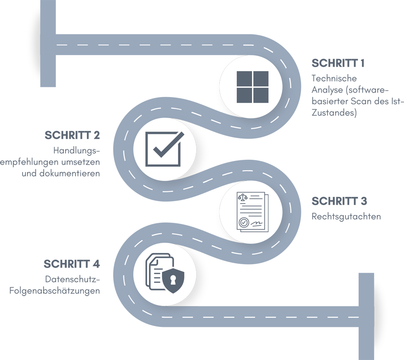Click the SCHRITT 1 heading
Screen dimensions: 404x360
(x=338, y=63)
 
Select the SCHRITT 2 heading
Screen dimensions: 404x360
(x=72, y=135)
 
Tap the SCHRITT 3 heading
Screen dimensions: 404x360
(x=339, y=201)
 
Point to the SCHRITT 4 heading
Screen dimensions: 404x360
(x=72, y=264)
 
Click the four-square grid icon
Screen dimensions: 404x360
(x=253, y=87)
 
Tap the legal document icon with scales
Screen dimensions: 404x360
(x=253, y=212)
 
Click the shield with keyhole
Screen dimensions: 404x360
(x=173, y=281)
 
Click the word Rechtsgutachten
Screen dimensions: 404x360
(x=346, y=216)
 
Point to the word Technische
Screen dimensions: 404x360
(x=334, y=78)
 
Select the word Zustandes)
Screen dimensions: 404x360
(x=334, y=113)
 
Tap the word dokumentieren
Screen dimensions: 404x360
(x=69, y=173)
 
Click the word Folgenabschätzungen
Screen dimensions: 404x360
(x=55, y=291)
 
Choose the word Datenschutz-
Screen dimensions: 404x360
(x=72, y=279)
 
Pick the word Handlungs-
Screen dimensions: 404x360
(x=76, y=150)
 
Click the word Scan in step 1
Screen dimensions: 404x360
(x=361, y=101)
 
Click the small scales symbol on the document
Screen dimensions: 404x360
(x=242, y=197)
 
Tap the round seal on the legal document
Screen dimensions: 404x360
(x=244, y=222)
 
